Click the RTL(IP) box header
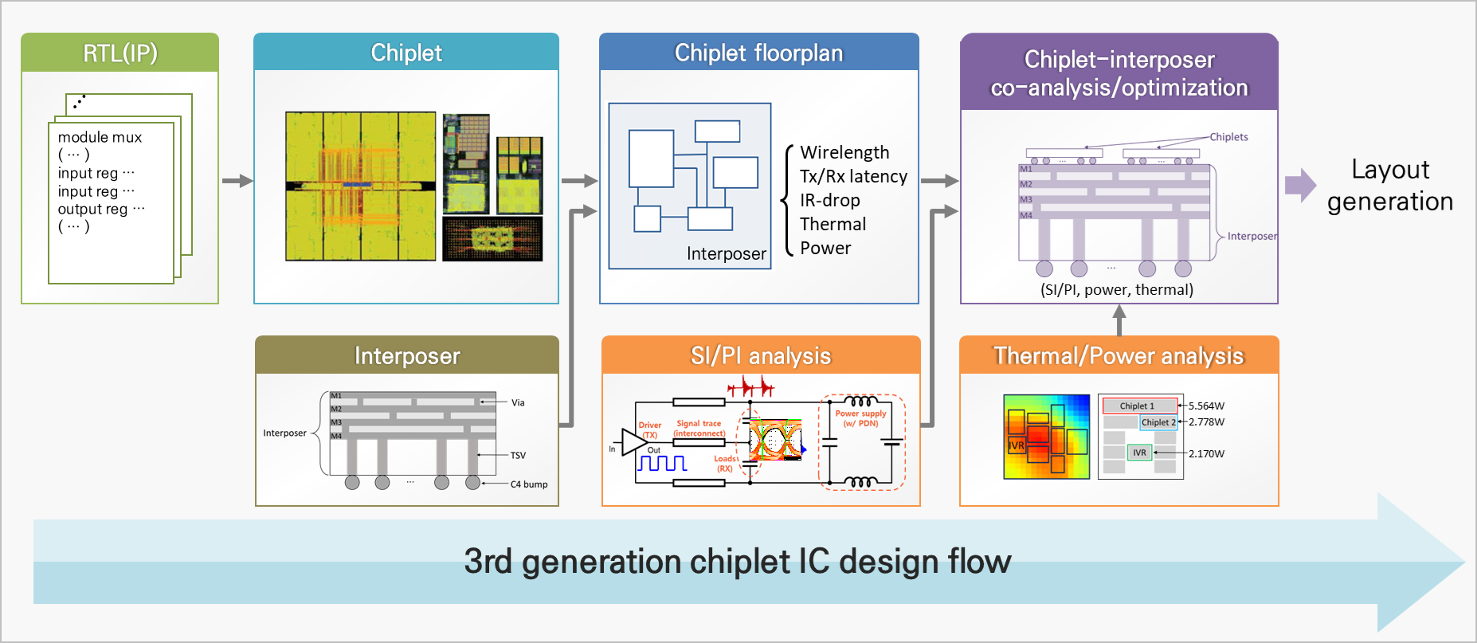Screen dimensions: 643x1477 coord(120,53)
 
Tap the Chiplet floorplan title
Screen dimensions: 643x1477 coord(758,53)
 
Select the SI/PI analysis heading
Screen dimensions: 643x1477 coord(761,355)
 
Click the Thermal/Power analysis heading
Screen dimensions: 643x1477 coord(1119,355)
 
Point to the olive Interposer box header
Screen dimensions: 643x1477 coord(407,355)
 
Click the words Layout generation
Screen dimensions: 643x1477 coord(1390,186)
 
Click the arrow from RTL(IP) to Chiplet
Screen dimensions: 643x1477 coord(237,181)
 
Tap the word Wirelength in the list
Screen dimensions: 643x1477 coord(844,152)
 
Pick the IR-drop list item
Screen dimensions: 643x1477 coord(830,200)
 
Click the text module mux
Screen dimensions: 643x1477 coord(100,137)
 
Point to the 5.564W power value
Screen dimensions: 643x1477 coord(1206,406)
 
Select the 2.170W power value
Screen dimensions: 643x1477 coord(1206,453)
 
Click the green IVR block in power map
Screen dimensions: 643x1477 coord(1140,453)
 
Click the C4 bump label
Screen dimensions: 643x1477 coord(529,484)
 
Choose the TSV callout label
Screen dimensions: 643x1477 coord(518,455)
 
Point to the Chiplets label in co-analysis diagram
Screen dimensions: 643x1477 coord(1228,137)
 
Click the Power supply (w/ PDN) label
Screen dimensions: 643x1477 coord(860,418)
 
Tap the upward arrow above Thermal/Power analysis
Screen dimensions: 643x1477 coord(1119,320)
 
